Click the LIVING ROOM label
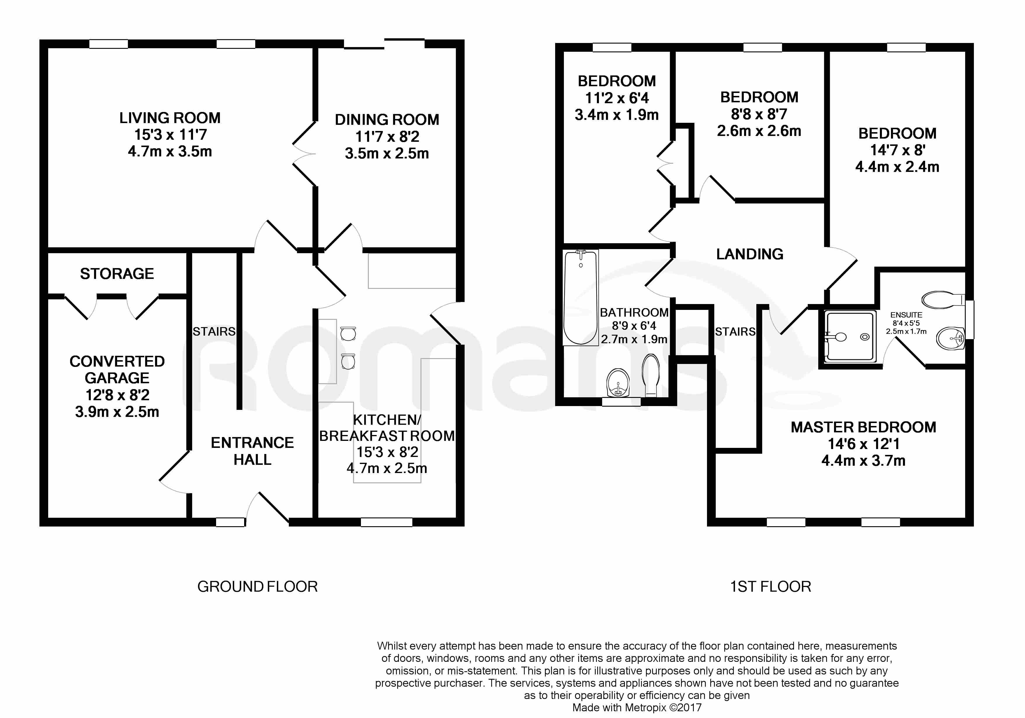point(170,118)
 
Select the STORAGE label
point(117,273)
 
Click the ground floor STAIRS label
point(214,332)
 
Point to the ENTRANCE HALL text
point(252,451)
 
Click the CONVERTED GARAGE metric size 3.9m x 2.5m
point(117,412)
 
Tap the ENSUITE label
point(906,315)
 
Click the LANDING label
point(750,254)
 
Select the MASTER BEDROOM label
point(864,427)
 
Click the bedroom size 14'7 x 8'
point(897,150)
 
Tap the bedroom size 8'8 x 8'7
point(759,114)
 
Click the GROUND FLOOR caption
point(257,587)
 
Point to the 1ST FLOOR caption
point(771,587)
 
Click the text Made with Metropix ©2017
point(637,708)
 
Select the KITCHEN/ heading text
point(387,420)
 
